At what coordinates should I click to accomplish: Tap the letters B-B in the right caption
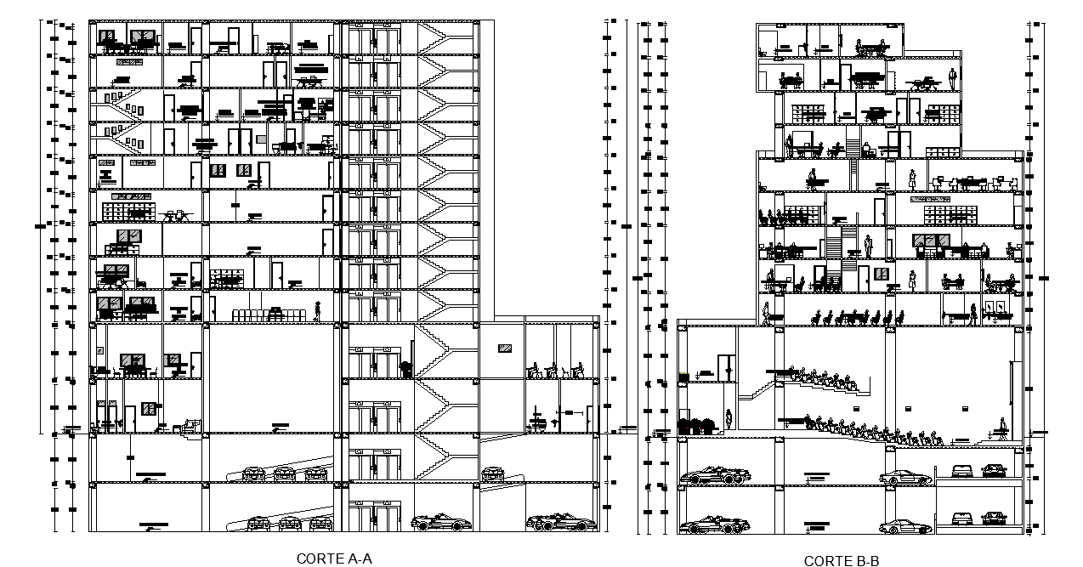point(865,561)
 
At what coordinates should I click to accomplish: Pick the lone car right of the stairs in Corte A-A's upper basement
point(493,473)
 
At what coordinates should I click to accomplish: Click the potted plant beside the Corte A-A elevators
point(405,370)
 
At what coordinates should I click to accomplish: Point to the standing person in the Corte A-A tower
point(318,311)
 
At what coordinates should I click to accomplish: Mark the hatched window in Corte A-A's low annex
point(505,348)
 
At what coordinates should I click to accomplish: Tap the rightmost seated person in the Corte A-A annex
point(577,371)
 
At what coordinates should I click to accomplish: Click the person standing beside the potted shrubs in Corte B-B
point(729,421)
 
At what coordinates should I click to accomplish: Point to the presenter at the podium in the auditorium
point(1005,429)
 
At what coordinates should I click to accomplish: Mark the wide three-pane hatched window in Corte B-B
point(930,241)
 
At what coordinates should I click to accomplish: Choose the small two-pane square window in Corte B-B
point(882,274)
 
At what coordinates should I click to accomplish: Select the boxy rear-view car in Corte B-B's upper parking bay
point(962,471)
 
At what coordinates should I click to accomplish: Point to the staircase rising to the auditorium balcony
point(758,390)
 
